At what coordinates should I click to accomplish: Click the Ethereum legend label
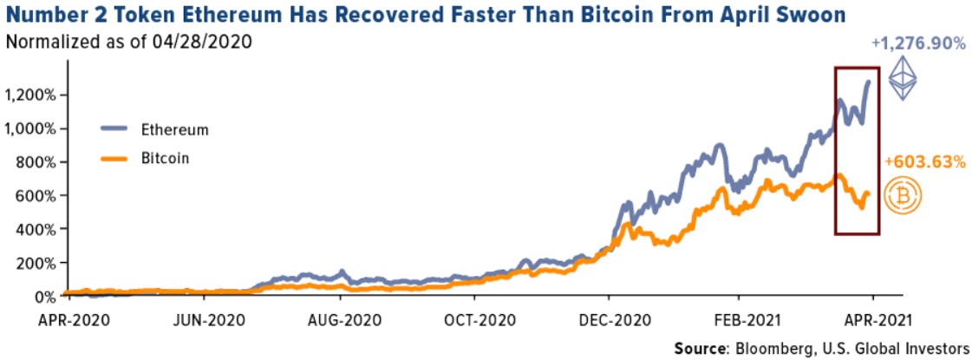(175, 129)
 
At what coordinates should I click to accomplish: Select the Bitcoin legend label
(166, 159)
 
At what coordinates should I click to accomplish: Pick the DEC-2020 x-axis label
(610, 317)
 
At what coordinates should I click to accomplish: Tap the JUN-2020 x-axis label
(201, 317)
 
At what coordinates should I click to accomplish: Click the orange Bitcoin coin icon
(903, 196)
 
